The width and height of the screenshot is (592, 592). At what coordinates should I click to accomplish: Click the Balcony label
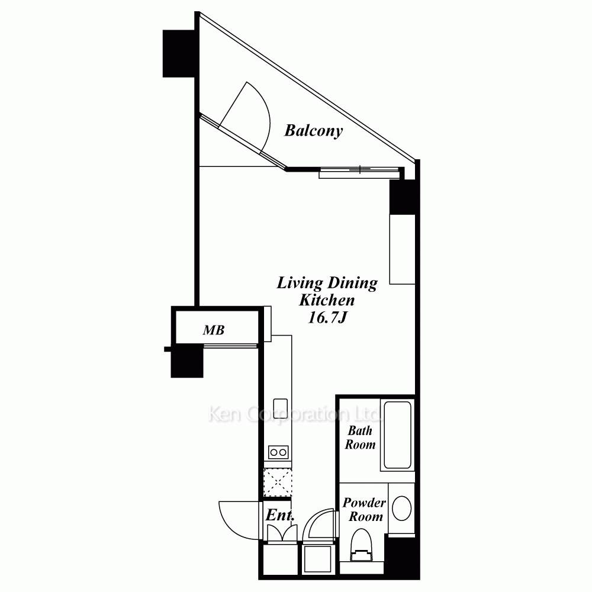pyautogui.click(x=313, y=131)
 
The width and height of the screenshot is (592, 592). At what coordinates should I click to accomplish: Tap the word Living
pyautogui.click(x=300, y=283)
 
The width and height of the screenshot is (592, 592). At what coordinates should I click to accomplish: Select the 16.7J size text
pyautogui.click(x=327, y=317)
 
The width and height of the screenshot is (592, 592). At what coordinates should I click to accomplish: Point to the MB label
pyautogui.click(x=214, y=330)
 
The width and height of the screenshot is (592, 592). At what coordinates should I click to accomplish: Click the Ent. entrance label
pyautogui.click(x=279, y=514)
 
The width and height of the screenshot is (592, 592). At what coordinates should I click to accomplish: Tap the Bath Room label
pyautogui.click(x=360, y=437)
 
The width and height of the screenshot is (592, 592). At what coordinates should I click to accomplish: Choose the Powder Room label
pyautogui.click(x=364, y=509)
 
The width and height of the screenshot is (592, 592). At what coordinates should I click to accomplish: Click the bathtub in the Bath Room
pyautogui.click(x=398, y=435)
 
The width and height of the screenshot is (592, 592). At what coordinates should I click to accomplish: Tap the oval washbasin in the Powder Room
pyautogui.click(x=402, y=508)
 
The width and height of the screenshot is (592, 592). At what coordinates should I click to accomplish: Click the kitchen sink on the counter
pyautogui.click(x=281, y=408)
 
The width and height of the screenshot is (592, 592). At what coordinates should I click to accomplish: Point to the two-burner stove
pyautogui.click(x=278, y=452)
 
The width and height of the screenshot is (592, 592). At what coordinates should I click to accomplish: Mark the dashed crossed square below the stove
pyautogui.click(x=278, y=482)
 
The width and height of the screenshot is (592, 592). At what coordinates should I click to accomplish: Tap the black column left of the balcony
pyautogui.click(x=178, y=54)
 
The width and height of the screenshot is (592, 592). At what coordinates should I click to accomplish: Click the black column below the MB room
pyautogui.click(x=187, y=362)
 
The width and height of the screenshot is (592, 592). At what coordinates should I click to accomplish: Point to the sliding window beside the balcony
pyautogui.click(x=359, y=172)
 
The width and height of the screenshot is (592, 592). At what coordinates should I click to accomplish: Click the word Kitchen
pyautogui.click(x=327, y=300)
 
